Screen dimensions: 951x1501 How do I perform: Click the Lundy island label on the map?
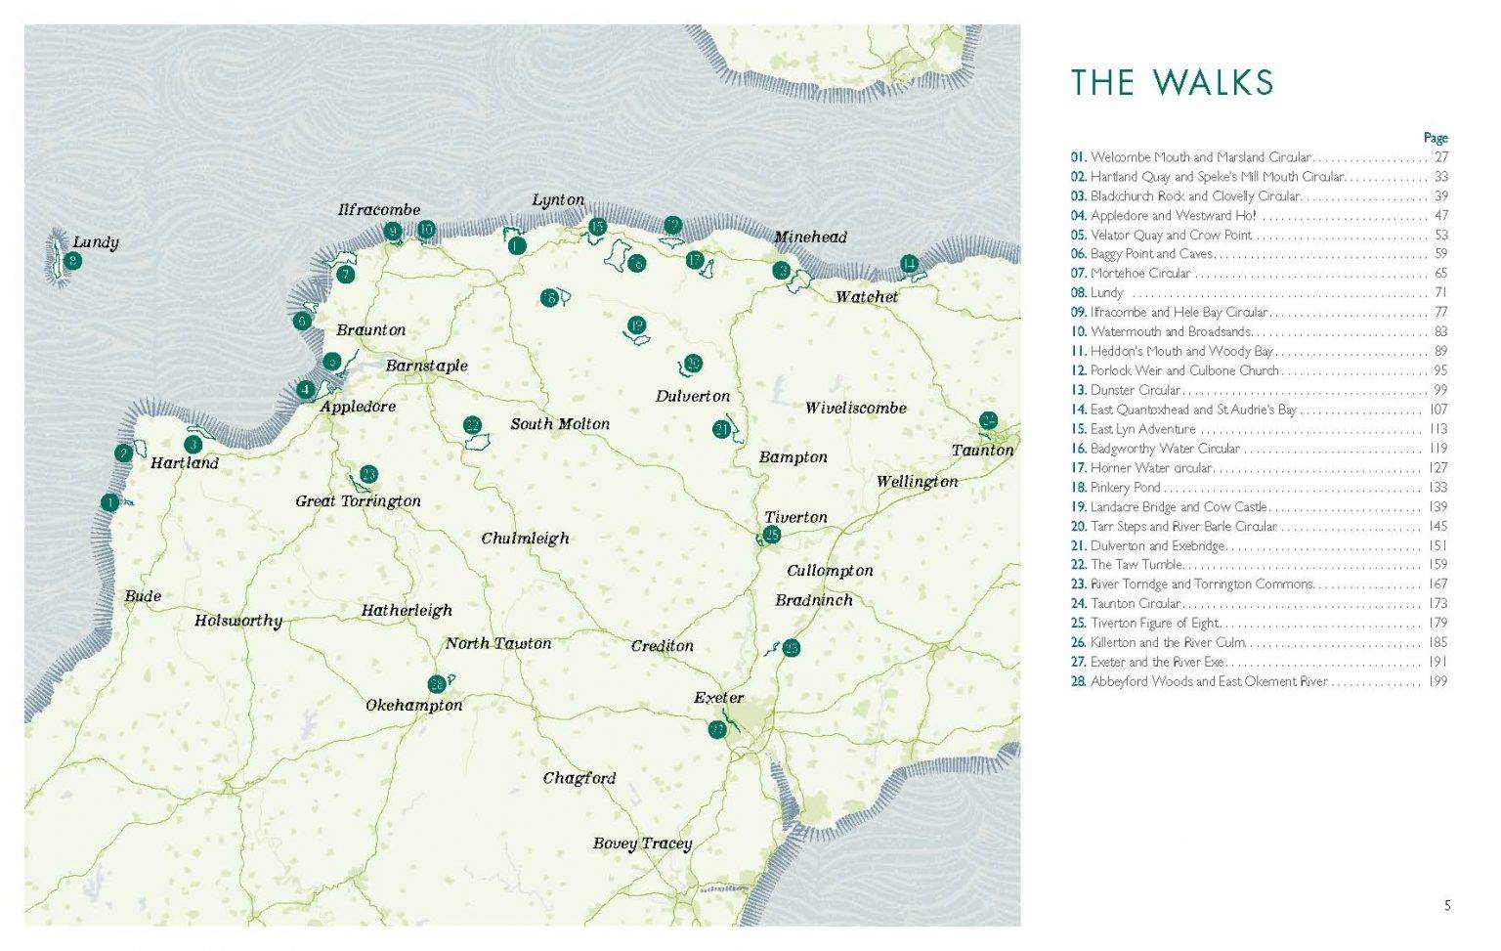point(96,241)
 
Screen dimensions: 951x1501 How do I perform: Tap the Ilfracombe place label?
point(379,209)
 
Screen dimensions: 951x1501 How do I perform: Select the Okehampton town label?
point(413,706)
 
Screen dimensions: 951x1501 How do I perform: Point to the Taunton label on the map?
point(982,451)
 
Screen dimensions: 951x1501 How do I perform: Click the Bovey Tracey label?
point(642,843)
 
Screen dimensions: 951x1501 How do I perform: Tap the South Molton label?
point(559,424)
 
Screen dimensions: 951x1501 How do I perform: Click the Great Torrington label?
point(358,501)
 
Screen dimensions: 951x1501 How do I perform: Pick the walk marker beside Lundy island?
point(72,261)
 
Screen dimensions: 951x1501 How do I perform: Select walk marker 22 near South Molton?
point(473,425)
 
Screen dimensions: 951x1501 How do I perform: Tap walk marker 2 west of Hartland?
point(123,453)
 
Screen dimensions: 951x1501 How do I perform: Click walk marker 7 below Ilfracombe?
point(345,275)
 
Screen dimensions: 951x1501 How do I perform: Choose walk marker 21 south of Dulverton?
point(722,428)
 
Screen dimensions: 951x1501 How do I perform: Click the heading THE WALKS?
point(1172,83)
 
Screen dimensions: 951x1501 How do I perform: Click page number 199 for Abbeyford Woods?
point(1437,681)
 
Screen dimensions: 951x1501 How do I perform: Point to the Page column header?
point(1435,138)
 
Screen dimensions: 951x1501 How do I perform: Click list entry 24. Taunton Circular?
point(1126,603)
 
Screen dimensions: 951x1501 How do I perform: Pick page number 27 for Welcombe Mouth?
point(1440,157)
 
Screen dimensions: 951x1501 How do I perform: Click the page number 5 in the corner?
point(1447,906)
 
